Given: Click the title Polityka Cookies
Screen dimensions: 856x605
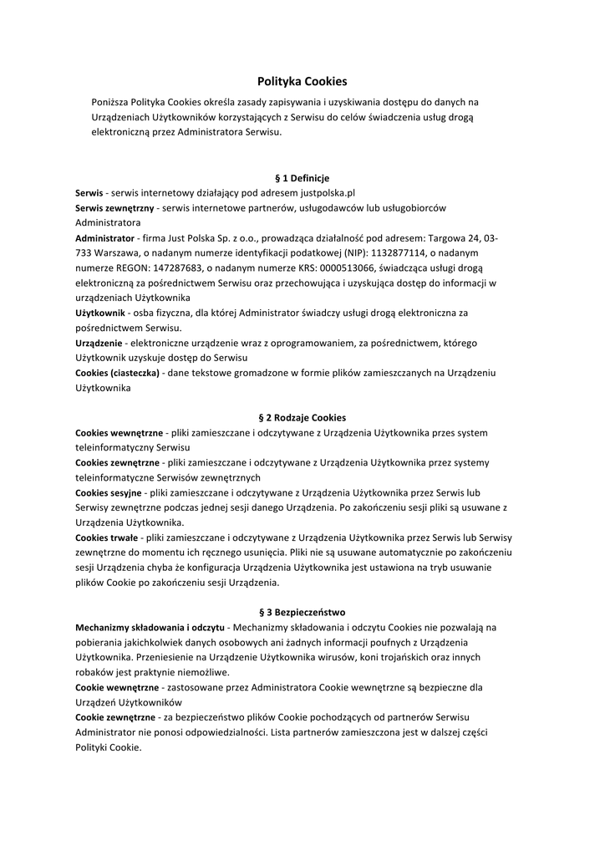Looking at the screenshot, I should coord(302,81).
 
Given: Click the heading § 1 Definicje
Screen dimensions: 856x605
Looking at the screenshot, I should coord(302,178).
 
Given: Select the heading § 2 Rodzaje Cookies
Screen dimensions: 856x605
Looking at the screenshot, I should coord(302,417).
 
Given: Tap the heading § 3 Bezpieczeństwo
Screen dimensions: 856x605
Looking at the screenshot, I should coord(302,612).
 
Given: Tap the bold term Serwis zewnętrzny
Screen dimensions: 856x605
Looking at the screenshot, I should coord(114,207).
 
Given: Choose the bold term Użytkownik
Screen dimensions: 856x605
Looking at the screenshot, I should coord(100,313).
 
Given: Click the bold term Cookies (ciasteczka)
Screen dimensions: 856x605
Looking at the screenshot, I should coord(117,373).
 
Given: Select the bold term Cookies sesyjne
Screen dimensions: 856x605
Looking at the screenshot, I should coord(109,492).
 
